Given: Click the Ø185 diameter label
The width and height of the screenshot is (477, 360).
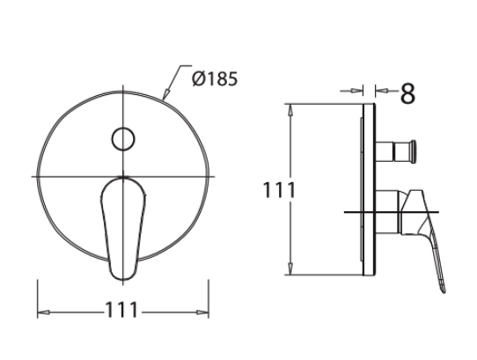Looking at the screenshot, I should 214,78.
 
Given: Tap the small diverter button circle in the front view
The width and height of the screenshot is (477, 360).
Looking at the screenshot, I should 122,138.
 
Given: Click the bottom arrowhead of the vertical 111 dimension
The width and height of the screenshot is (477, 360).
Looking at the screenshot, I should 290,272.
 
